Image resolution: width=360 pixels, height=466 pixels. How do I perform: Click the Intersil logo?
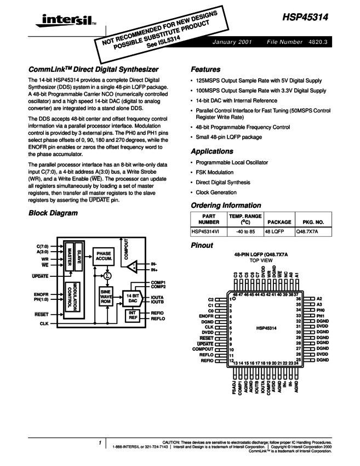pyautogui.click(x=60, y=22)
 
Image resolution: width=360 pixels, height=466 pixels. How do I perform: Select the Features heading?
pyautogui.click(x=205, y=70)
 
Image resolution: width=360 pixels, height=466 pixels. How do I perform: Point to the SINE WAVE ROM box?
pyautogui.click(x=106, y=297)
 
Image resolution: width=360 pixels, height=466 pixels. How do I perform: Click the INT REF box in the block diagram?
pyautogui.click(x=132, y=315)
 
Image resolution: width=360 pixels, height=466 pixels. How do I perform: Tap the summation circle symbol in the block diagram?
pyautogui.click(x=108, y=275)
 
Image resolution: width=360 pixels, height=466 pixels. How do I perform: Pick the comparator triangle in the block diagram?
pyautogui.click(x=132, y=267)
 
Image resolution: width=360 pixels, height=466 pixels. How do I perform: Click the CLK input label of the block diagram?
pyautogui.click(x=44, y=324)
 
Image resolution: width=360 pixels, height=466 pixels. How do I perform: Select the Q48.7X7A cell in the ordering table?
pyautogui.click(x=307, y=232)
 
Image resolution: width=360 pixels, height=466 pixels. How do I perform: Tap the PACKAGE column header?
pyautogui.click(x=278, y=223)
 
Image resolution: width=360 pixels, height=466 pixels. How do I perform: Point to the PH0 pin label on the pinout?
pyautogui.click(x=322, y=310)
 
